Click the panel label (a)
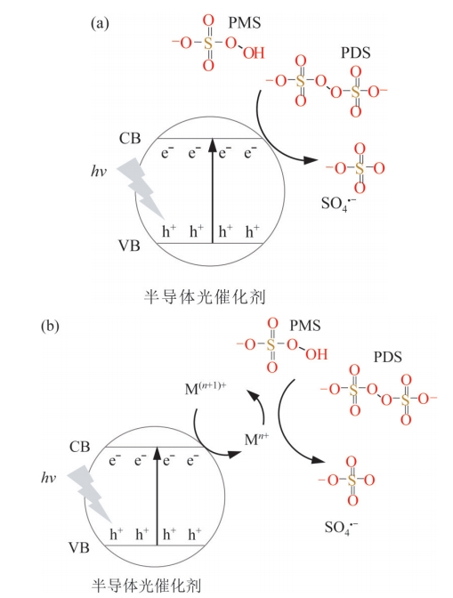click(x=100, y=24)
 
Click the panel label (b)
click(x=50, y=327)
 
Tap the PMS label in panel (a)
click(x=245, y=23)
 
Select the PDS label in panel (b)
click(x=387, y=357)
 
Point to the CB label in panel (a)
click(x=130, y=138)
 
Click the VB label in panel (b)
click(x=79, y=547)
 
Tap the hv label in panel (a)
click(x=99, y=172)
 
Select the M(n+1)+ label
click(x=206, y=389)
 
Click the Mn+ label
click(x=256, y=439)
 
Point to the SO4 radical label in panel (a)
click(x=339, y=203)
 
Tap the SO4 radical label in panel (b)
click(x=341, y=527)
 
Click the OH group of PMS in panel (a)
click(x=254, y=53)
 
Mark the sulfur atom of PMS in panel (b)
click(x=271, y=345)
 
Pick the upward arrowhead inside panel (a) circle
click(x=213, y=145)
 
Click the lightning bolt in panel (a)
click(x=141, y=189)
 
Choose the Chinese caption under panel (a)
click(x=205, y=296)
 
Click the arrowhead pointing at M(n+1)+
click(x=254, y=395)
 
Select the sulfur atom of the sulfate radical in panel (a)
click(x=360, y=168)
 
